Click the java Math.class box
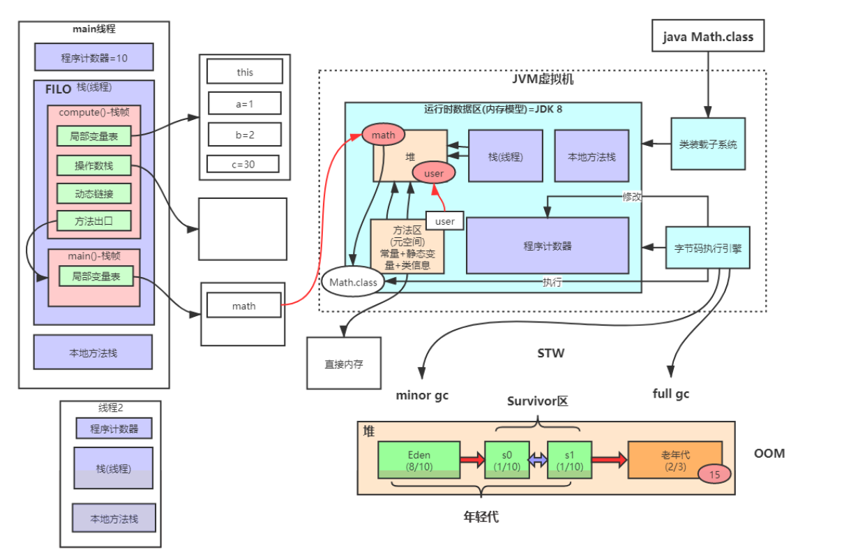pyautogui.click(x=708, y=36)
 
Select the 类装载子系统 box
pyautogui.click(x=708, y=144)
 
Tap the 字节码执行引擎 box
pyautogui.click(x=708, y=247)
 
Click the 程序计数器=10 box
pyautogui.click(x=94, y=57)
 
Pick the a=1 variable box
pyautogui.click(x=244, y=103)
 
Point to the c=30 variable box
pyautogui.click(x=243, y=164)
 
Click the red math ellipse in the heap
pyautogui.click(x=383, y=134)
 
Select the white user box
pyautogui.click(x=445, y=221)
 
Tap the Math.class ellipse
pyautogui.click(x=354, y=282)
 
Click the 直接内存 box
pyautogui.click(x=344, y=363)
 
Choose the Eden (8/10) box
pyautogui.click(x=419, y=460)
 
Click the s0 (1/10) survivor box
pyautogui.click(x=506, y=460)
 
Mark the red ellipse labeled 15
pyautogui.click(x=714, y=474)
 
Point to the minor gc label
pyautogui.click(x=423, y=395)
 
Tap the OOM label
pyautogui.click(x=769, y=453)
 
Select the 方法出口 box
pyautogui.click(x=94, y=221)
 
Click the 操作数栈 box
pyautogui.click(x=94, y=165)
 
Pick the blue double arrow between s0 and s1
pyautogui.click(x=538, y=460)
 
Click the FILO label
pyautogui.click(x=59, y=89)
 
